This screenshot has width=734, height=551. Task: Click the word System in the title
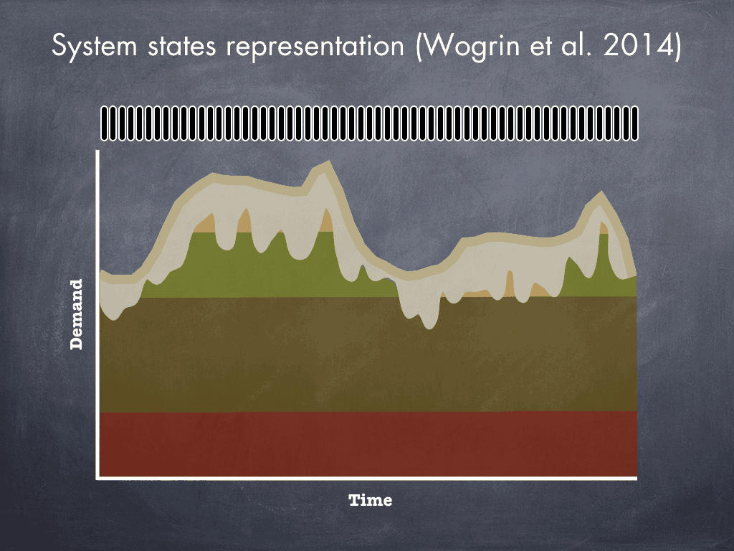pos(94,47)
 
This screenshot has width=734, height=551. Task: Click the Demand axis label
pos(76,314)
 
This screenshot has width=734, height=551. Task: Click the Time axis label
pos(371,500)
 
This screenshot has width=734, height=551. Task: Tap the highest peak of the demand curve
pos(328,163)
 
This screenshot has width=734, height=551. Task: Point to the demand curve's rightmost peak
pos(601,193)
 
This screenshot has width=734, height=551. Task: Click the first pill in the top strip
pos(105,123)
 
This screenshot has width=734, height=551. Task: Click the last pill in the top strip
pos(635,123)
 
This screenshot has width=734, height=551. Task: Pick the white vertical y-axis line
pos(97,314)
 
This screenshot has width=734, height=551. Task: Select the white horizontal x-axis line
pos(366,479)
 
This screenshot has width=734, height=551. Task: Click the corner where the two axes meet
pos(97,479)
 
